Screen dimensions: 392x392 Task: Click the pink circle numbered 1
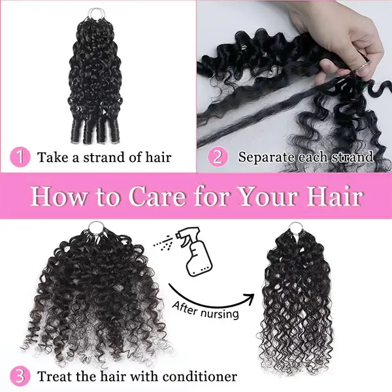[20, 157]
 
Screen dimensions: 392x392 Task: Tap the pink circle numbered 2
[218, 157]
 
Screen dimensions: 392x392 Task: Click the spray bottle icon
[196, 252]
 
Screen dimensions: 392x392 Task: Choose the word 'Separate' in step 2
[267, 157]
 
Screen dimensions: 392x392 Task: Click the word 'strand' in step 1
[105, 157]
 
